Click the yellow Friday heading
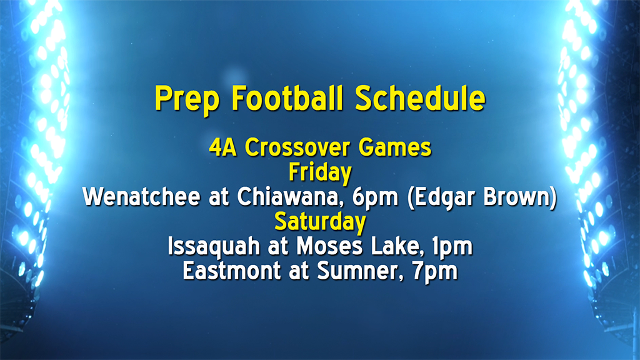(319, 172)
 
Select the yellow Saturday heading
(319, 221)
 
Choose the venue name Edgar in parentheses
(438, 198)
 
